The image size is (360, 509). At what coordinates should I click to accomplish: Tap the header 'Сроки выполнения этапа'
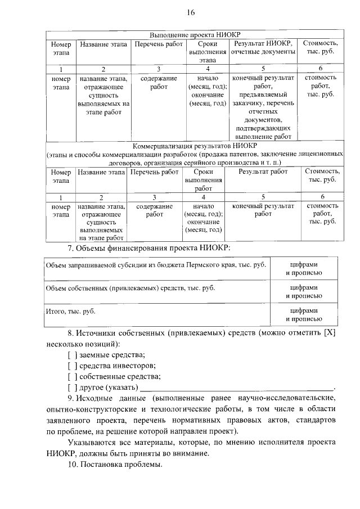click(x=208, y=52)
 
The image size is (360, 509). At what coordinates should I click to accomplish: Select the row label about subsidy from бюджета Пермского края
click(x=156, y=264)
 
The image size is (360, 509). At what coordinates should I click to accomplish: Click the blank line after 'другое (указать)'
click(x=236, y=388)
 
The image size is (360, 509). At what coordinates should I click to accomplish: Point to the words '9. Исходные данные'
click(x=107, y=399)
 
